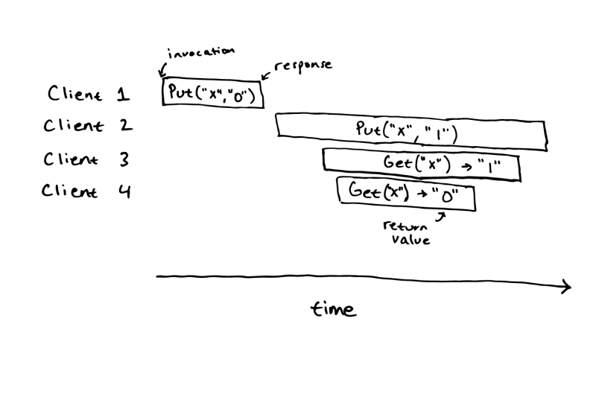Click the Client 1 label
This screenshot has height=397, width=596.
click(89, 95)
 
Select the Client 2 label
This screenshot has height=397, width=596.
click(89, 125)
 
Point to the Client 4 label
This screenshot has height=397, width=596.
click(86, 191)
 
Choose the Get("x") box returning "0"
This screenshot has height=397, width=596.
click(406, 194)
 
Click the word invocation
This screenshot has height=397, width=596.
click(202, 52)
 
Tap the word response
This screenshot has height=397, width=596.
click(303, 65)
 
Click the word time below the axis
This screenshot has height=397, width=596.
click(333, 308)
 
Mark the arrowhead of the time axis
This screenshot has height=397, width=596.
click(566, 286)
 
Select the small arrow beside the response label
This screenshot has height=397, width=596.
click(266, 74)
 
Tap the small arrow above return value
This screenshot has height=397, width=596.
click(441, 216)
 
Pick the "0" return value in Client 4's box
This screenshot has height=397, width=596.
click(448, 196)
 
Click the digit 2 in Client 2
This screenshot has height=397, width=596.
click(126, 125)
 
